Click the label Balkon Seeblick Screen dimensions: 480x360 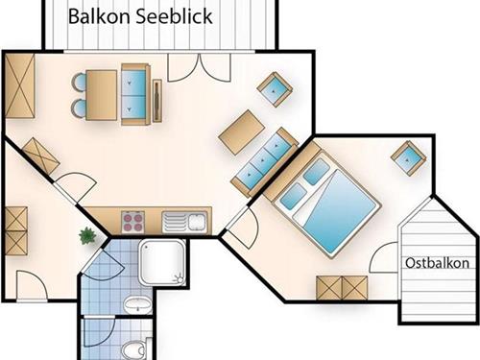140,16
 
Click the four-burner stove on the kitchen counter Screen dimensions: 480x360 133,223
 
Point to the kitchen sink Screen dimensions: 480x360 183,223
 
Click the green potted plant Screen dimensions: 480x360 88,234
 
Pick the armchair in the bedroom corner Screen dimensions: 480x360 410,156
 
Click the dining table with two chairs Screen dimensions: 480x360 98,95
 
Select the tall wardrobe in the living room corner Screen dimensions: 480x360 20,88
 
